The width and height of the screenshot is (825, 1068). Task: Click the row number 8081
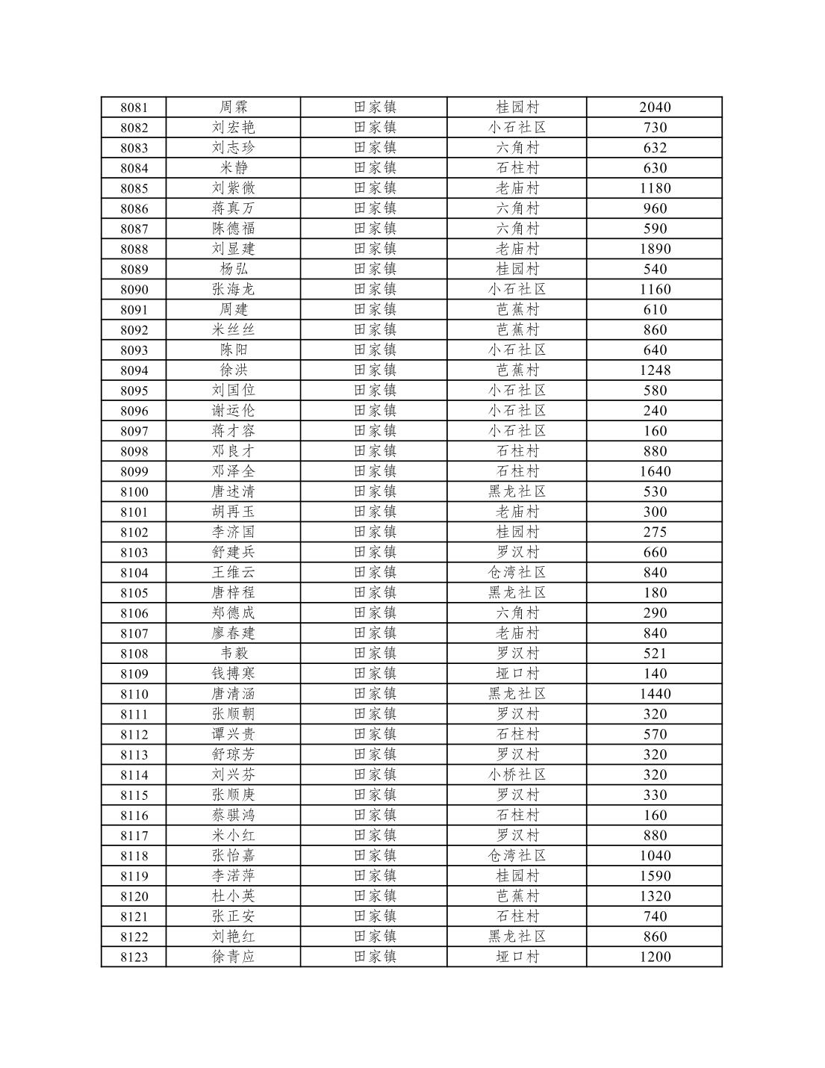[x=134, y=108]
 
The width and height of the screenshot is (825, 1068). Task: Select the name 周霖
[x=234, y=108]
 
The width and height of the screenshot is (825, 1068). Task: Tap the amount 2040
[x=655, y=108]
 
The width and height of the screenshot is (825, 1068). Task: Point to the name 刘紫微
[x=234, y=188]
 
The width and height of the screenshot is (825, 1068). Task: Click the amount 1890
[x=655, y=249]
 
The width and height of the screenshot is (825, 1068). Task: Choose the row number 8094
[x=134, y=370]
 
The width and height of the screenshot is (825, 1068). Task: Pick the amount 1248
[x=655, y=370]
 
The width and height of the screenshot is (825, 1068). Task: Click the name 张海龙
[x=234, y=289]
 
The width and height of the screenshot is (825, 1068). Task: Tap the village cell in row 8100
[x=517, y=491]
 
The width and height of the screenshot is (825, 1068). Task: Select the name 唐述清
[x=234, y=491]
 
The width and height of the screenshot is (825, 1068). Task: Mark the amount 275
[x=655, y=532]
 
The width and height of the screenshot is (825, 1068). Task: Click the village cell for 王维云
[x=517, y=572]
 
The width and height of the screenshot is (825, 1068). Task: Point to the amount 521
[x=655, y=653]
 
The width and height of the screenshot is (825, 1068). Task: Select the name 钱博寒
[x=234, y=674]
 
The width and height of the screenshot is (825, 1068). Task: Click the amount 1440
[x=655, y=694]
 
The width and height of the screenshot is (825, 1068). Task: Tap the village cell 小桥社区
[x=517, y=774]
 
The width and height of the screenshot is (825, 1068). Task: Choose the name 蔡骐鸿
[x=234, y=815]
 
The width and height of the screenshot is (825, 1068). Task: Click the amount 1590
[x=655, y=875]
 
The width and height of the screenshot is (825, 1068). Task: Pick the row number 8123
[x=134, y=957]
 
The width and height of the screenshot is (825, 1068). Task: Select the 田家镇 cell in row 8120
[x=375, y=896]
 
